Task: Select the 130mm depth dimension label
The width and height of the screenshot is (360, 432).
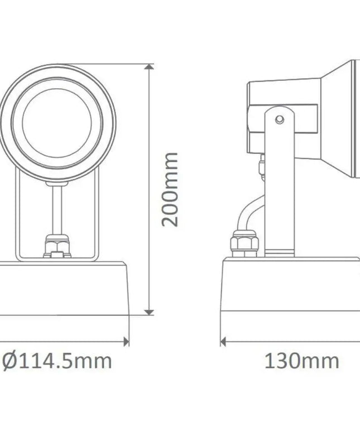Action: [301, 361]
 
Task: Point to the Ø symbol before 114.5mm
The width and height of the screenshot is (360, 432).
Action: [10, 361]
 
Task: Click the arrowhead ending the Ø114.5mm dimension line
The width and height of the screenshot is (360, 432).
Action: [126, 340]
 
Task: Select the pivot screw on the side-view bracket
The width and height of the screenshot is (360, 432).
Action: [280, 118]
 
